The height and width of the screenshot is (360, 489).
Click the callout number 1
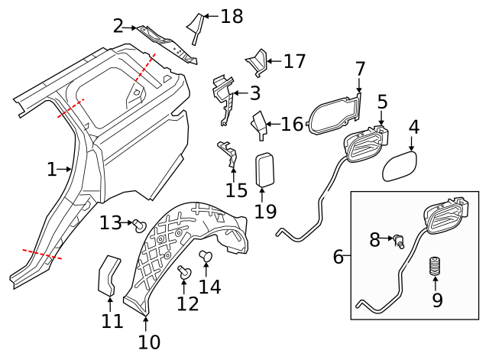(51, 169)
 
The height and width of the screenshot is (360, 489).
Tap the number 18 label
(232, 16)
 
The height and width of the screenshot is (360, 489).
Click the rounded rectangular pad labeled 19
(265, 169)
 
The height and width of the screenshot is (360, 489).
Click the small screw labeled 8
(399, 242)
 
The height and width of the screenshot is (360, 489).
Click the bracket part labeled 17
(256, 62)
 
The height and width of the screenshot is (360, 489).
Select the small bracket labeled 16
(260, 125)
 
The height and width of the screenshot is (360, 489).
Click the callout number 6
(338, 257)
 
